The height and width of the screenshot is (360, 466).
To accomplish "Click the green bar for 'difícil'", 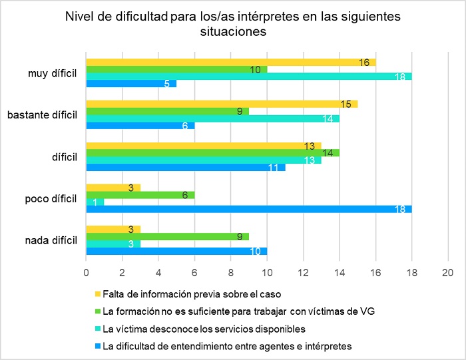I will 213,152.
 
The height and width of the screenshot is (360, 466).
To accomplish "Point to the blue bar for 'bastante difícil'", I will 140,126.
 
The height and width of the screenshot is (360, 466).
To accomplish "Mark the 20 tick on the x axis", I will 447,272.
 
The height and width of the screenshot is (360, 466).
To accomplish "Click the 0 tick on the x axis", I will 86,272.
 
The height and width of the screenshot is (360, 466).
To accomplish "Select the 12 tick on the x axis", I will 303,272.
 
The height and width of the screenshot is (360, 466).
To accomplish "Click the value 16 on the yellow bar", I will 363,62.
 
